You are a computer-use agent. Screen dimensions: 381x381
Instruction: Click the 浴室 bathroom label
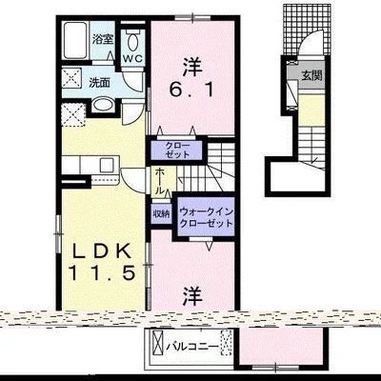[103, 39]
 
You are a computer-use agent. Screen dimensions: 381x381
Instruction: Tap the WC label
[133, 58]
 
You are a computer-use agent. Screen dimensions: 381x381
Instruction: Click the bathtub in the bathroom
[76, 40]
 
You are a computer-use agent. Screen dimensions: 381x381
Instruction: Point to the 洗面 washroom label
[99, 83]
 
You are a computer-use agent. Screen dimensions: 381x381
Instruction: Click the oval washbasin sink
[104, 104]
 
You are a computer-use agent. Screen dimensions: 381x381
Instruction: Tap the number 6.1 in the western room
[190, 90]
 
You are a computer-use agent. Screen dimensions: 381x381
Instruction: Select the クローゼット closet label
[177, 150]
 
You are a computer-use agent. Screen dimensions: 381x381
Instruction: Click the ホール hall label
[160, 181]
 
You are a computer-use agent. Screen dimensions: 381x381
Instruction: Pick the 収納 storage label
[161, 213]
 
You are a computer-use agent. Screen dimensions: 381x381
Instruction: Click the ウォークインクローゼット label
[206, 217]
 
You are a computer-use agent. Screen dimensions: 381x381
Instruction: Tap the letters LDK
[102, 251]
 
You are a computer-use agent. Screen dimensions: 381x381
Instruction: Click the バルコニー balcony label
[192, 346]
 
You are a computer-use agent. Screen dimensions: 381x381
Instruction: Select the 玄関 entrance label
[311, 75]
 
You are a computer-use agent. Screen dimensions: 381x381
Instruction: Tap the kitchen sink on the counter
[107, 165]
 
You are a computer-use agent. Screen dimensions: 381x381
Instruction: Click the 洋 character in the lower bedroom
[192, 296]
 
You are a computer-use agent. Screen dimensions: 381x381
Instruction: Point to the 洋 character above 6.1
[192, 67]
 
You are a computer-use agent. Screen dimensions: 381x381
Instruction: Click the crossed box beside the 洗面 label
[72, 78]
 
